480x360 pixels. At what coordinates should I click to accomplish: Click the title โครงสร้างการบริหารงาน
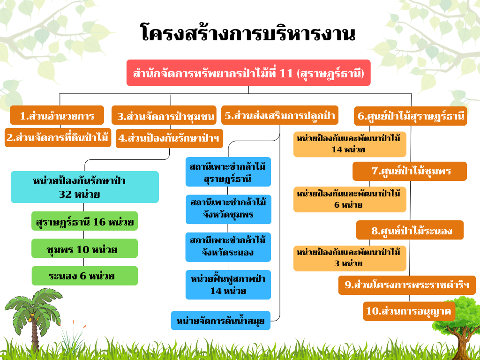point(248,33)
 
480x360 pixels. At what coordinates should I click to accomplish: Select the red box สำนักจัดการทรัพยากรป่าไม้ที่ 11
point(248,73)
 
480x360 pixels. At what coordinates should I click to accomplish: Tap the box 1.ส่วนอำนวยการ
point(57,115)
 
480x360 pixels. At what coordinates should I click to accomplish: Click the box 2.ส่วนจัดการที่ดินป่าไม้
point(58,138)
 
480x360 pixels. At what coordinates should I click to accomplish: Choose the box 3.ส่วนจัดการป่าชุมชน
point(164,115)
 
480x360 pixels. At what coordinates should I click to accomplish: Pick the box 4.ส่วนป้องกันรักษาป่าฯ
point(169,138)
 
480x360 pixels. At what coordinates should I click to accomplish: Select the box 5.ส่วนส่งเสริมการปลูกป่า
point(280,115)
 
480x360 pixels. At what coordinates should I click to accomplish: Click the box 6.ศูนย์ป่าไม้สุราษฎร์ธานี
point(411,116)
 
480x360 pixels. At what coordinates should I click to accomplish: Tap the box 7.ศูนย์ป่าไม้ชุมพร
point(410,171)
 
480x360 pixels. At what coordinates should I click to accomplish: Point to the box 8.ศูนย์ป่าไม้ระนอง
point(410,230)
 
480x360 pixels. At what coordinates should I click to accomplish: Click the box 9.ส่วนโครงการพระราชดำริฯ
point(407,285)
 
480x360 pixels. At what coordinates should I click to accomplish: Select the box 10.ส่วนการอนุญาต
point(409,311)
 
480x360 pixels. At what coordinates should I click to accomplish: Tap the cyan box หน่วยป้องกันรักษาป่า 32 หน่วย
point(85,187)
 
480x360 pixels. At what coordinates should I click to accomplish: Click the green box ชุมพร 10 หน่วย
point(84,248)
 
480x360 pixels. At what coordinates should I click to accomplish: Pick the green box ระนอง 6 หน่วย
point(85,276)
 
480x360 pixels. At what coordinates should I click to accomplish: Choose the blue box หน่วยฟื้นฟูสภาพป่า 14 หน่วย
point(228,285)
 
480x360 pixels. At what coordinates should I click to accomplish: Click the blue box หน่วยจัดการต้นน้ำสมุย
point(221,321)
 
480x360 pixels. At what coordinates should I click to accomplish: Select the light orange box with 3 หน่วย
point(350,258)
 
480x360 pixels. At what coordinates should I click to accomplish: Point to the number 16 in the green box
point(99,221)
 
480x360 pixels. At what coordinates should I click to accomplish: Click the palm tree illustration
point(33,318)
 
